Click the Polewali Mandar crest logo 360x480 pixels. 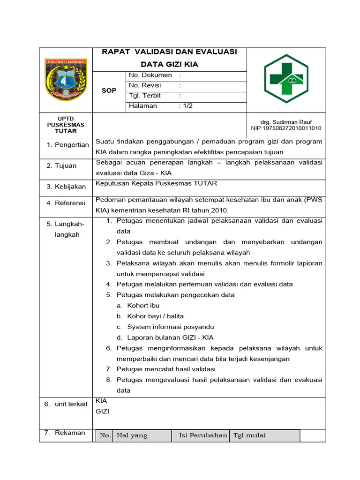click(66, 79)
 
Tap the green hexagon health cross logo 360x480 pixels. click(285, 79)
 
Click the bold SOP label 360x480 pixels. click(109, 90)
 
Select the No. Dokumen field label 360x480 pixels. click(150, 75)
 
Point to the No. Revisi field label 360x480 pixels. click(145, 85)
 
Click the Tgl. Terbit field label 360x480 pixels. click(145, 96)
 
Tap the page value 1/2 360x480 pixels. click(187, 106)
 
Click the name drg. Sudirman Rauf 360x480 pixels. click(286, 122)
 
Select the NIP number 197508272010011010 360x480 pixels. click(286, 128)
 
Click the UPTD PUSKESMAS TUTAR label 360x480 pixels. click(66, 125)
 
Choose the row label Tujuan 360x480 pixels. click(66, 165)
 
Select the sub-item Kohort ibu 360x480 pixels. click(143, 306)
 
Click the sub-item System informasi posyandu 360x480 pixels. click(171, 327)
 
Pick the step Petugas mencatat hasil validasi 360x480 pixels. click(166, 369)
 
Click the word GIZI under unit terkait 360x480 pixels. click(102, 411)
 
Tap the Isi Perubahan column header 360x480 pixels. click(203, 435)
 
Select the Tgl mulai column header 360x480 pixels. click(249, 435)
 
